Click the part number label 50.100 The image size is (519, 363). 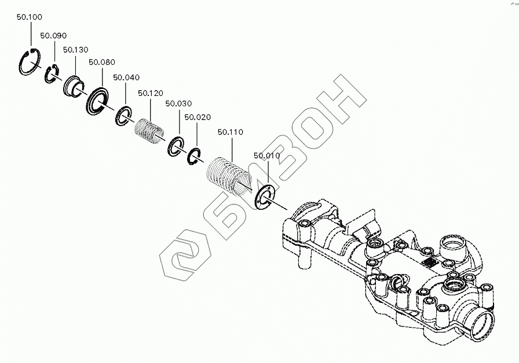point(29,17)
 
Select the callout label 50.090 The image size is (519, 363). point(53,36)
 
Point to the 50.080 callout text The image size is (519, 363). point(102,62)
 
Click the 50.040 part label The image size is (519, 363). point(126,77)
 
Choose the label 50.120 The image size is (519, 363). point(151,93)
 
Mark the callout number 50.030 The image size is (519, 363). point(178,103)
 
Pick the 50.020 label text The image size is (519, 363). point(197,117)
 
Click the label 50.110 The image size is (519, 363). point(231,132)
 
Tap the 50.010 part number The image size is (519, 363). point(266,156)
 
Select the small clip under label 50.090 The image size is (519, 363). point(51,75)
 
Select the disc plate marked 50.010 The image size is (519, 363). point(265,196)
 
